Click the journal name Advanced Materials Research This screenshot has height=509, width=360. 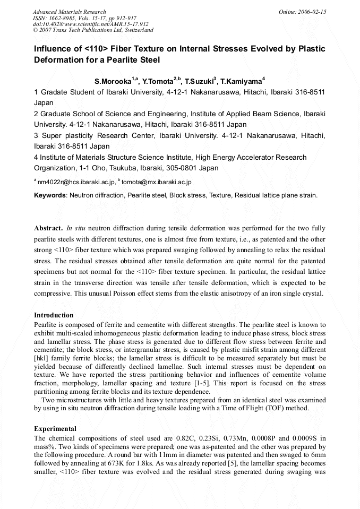(x=70, y=12)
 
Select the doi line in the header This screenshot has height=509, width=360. (x=91, y=24)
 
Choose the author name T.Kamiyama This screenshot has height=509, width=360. (x=241, y=82)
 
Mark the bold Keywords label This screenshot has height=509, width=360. (x=50, y=195)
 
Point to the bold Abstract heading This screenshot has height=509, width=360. (x=48, y=228)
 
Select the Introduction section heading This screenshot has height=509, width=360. (x=54, y=315)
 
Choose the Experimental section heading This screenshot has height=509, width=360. (x=55, y=429)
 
